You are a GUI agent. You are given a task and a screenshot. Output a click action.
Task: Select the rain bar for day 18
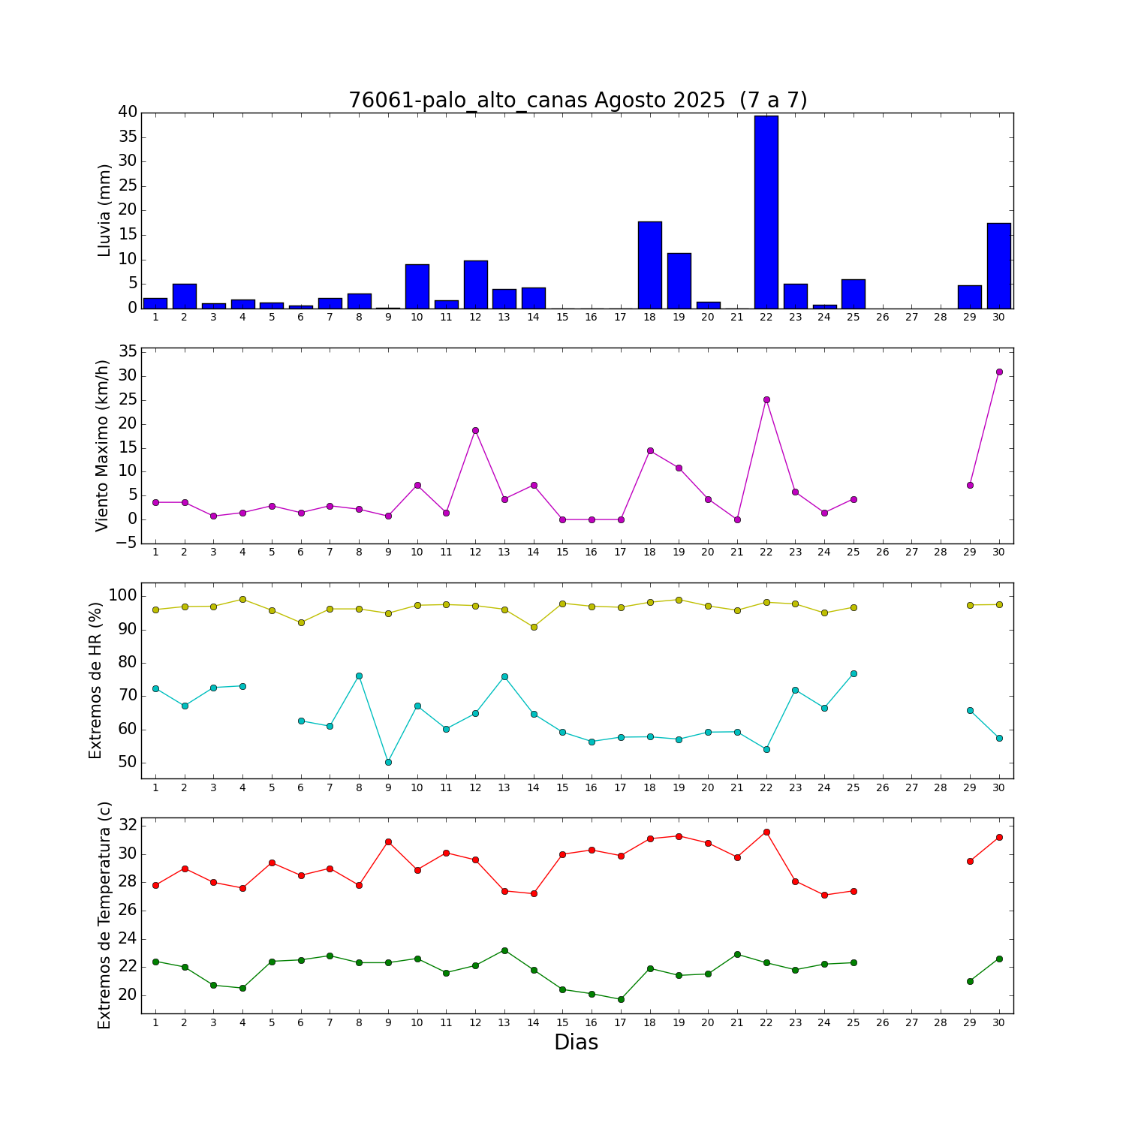point(650,265)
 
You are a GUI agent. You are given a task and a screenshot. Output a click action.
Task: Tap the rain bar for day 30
point(999,266)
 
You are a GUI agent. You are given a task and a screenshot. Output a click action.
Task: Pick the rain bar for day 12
point(476,285)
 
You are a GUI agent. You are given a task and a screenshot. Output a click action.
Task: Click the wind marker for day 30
point(999,372)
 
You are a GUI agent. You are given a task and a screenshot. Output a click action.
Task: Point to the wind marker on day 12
point(475,430)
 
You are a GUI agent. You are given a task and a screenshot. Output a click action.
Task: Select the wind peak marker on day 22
point(766,399)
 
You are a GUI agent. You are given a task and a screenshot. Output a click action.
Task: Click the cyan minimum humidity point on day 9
point(388,762)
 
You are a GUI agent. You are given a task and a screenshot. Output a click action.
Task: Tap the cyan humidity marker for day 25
point(854,673)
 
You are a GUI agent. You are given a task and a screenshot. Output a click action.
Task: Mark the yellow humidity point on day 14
point(534,627)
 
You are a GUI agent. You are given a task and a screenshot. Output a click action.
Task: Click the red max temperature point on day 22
point(766,832)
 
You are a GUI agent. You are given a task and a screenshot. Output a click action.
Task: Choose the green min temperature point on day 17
point(621,999)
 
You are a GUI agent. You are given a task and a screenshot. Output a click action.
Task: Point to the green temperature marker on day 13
point(504,950)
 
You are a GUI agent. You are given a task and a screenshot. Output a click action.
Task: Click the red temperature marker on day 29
point(970,861)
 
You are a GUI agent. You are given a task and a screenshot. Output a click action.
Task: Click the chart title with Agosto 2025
point(577,101)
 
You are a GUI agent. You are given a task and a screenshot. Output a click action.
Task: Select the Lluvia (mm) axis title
point(104,210)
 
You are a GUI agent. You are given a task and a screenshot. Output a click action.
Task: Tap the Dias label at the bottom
point(576,1042)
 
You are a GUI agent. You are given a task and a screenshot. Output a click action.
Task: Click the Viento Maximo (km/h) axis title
point(103,445)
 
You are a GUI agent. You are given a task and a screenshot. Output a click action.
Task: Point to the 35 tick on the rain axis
point(127,137)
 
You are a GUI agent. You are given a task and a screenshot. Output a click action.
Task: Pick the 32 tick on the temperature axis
point(128,826)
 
